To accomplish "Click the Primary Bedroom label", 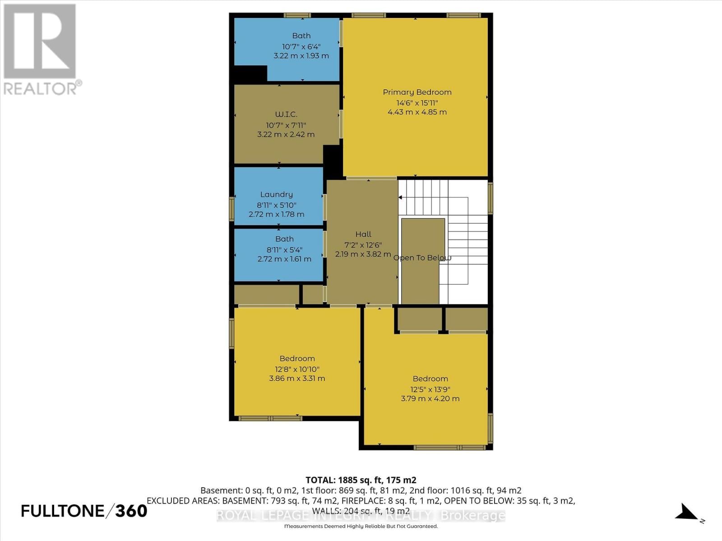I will tap(417, 92).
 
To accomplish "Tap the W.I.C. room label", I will tap(286, 115).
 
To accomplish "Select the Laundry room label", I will tap(277, 194).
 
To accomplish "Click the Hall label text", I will tap(363, 234).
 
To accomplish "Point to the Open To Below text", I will tap(422, 258).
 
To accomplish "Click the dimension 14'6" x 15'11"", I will tap(417, 102).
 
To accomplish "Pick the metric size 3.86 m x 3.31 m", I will tap(297, 378).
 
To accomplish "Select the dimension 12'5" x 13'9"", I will tap(430, 389).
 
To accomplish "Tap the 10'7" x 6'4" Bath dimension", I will tap(301, 46).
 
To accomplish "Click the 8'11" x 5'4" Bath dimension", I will tap(284, 249).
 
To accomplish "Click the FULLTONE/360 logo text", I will tap(84, 511).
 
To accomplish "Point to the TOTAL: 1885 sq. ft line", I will tap(361, 480).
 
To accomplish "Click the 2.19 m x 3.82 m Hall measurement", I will tap(363, 254).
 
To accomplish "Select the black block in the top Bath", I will tap(250, 73).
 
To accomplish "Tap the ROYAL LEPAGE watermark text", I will tap(361, 515).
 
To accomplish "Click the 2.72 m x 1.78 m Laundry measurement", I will tap(277, 214).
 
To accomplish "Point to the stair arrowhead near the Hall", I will tap(400, 197).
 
